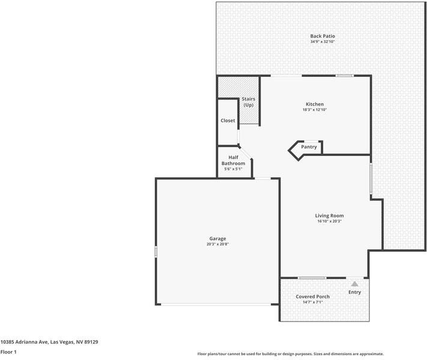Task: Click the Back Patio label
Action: pos(323,36)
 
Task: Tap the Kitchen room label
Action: pos(315,104)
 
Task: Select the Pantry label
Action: pos(309,147)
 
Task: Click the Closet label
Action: pos(228,121)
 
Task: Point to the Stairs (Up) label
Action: pos(248,102)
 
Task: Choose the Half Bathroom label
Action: pos(233,160)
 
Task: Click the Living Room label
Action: pos(329,215)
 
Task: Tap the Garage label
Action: pos(217,238)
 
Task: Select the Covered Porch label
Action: pos(312,296)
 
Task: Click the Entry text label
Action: pos(355,292)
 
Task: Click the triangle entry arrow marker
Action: pos(355,284)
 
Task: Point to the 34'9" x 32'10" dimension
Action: pos(323,42)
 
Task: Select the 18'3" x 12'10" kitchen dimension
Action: pos(315,110)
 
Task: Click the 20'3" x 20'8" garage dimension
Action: pos(217,244)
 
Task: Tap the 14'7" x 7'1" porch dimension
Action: pos(312,302)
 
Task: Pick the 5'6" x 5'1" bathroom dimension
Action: pos(233,169)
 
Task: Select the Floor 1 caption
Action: pos(8,352)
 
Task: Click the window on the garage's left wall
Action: pos(156,253)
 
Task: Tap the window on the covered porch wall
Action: pos(312,278)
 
